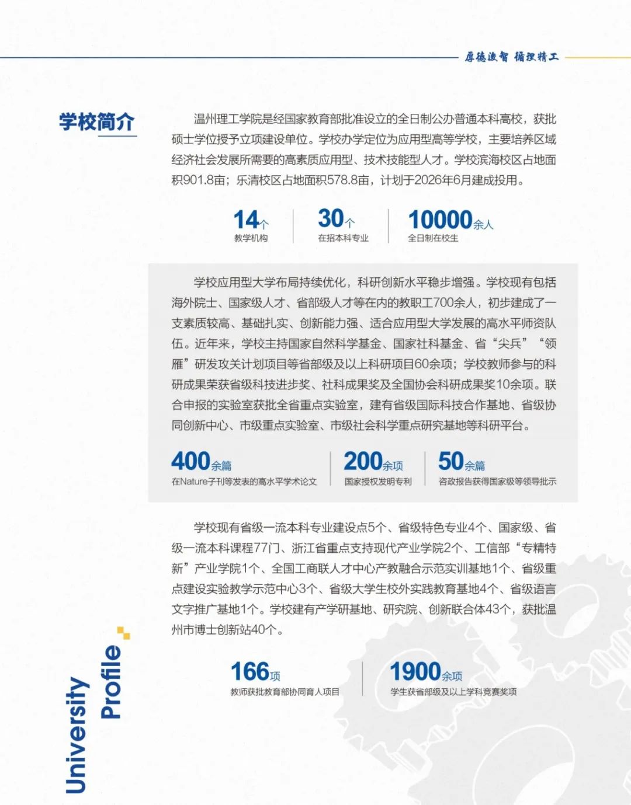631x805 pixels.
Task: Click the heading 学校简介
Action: pyautogui.click(x=96, y=122)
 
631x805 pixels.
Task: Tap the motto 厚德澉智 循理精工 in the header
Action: pyautogui.click(x=511, y=57)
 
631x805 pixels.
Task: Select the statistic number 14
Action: pyautogui.click(x=246, y=220)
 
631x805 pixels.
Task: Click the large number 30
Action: pyautogui.click(x=331, y=219)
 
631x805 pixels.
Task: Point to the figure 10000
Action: pyautogui.click(x=440, y=220)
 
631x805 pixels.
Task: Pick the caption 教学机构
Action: pyautogui.click(x=251, y=238)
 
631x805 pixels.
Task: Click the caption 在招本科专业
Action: pyautogui.click(x=343, y=238)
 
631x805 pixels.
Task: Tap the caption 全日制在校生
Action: pyautogui.click(x=433, y=238)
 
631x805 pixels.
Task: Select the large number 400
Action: pyautogui.click(x=190, y=461)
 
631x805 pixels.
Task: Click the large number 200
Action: pyautogui.click(x=363, y=461)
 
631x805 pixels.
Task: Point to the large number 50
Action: pyautogui.click(x=451, y=461)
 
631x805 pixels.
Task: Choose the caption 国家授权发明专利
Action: pyautogui.click(x=378, y=482)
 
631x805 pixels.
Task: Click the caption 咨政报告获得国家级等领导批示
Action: pyautogui.click(x=497, y=482)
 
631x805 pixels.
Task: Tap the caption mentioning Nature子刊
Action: pyautogui.click(x=244, y=482)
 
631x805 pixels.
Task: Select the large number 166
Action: pyautogui.click(x=250, y=672)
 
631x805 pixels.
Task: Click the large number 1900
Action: pyautogui.click(x=415, y=672)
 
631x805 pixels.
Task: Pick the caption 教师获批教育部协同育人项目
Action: pyautogui.click(x=285, y=692)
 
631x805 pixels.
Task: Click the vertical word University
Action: pyautogui.click(x=77, y=735)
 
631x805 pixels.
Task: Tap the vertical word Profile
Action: pyautogui.click(x=111, y=681)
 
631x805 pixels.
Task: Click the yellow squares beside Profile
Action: pyautogui.click(x=123, y=632)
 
